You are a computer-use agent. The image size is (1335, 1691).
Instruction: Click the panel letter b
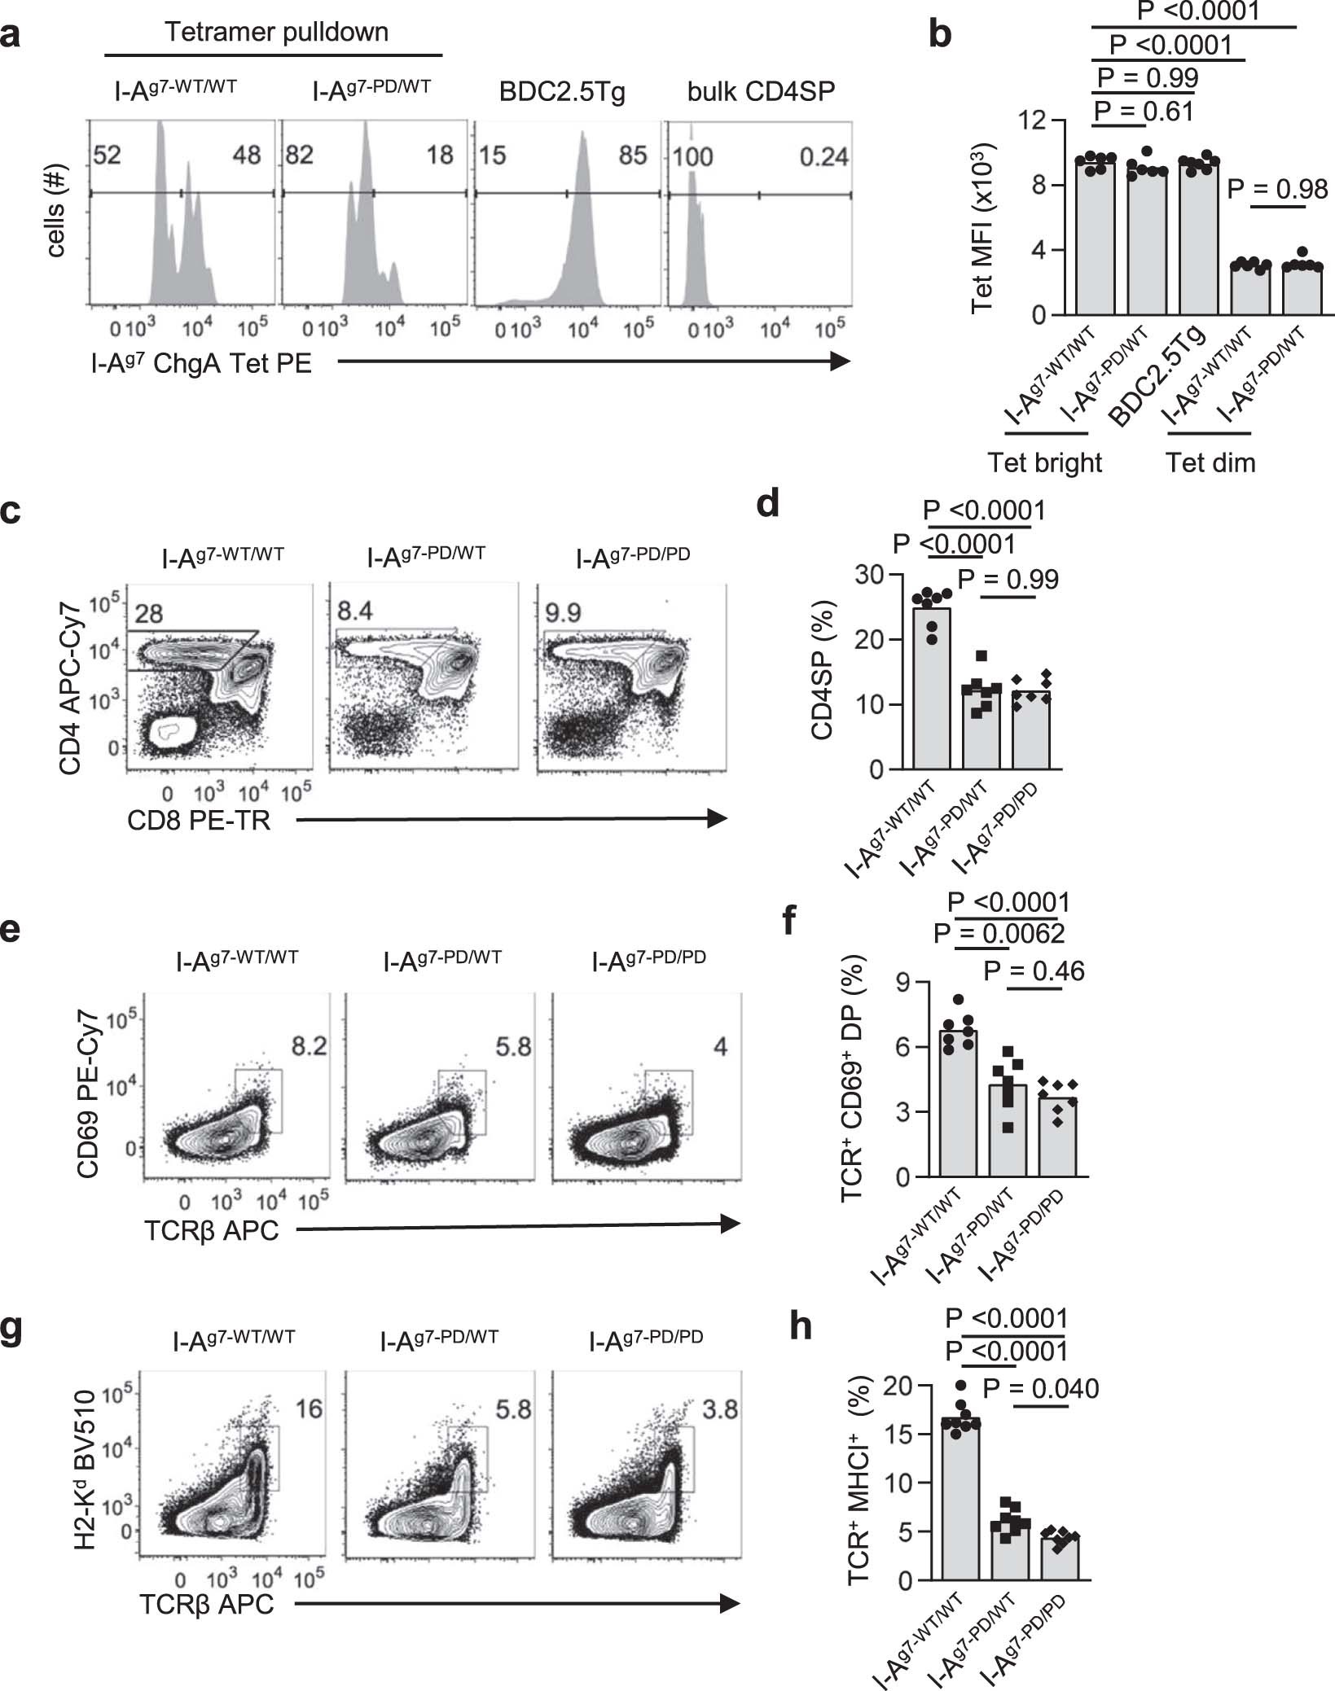(940, 37)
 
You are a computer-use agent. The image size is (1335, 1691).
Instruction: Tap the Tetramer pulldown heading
(276, 32)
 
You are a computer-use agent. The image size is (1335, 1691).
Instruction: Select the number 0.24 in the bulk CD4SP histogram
(823, 156)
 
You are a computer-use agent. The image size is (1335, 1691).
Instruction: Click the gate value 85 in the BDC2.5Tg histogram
(632, 155)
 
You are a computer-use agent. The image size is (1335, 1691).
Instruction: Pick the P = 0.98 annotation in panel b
(1276, 190)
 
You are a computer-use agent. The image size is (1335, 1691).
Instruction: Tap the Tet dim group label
(1210, 462)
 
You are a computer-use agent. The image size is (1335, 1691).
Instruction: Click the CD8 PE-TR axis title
(198, 821)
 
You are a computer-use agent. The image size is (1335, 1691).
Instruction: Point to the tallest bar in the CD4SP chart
(931, 688)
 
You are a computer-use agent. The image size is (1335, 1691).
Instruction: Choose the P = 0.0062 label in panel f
(999, 933)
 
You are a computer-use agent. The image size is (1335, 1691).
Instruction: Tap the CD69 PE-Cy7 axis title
(88, 1094)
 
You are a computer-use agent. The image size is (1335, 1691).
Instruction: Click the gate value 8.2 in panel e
(309, 1045)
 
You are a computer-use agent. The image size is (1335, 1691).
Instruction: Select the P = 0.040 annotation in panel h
(1041, 1388)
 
